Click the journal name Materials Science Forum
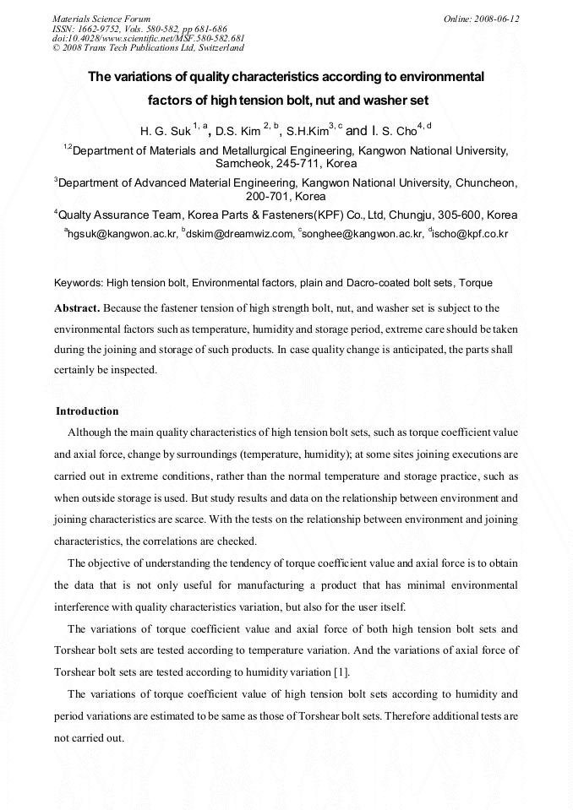click(101, 18)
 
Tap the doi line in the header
click(148, 38)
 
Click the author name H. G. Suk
click(165, 132)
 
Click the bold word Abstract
click(77, 307)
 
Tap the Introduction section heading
click(87, 411)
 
